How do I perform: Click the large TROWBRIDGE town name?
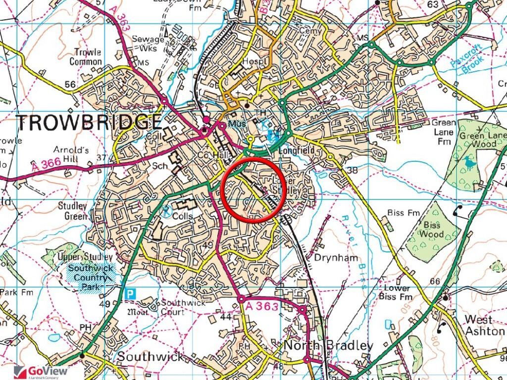[x=89, y=122]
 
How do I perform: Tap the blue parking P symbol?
[x=130, y=293]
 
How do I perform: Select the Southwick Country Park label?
[x=92, y=278]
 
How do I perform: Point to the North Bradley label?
[x=328, y=345]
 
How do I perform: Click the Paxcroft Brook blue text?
[x=473, y=58]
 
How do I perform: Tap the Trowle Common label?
[x=86, y=57]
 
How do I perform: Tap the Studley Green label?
[x=72, y=211]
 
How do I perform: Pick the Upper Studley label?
[x=85, y=257]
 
